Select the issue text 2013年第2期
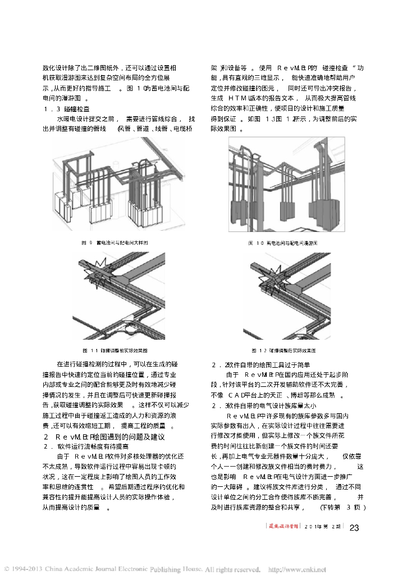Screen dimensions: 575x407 click(x=320, y=527)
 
